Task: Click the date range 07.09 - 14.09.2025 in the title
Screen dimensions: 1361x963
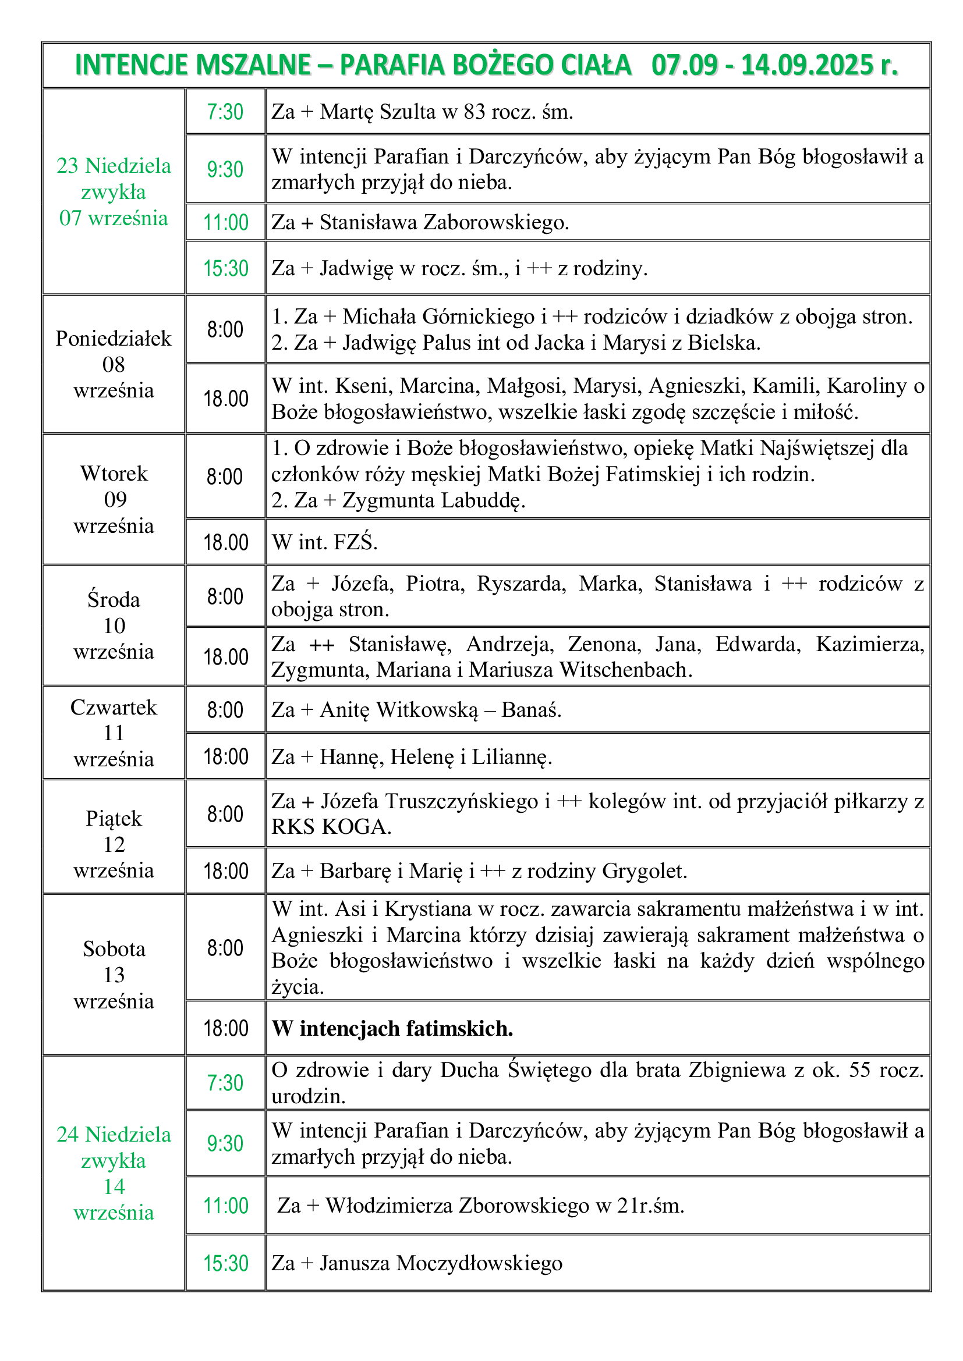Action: point(774,65)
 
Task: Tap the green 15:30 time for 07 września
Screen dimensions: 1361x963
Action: point(225,268)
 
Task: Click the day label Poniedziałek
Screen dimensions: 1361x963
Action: point(114,339)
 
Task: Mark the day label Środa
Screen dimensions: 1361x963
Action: point(114,599)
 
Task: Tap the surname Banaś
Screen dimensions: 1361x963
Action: point(532,709)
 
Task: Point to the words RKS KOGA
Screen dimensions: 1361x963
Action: point(331,826)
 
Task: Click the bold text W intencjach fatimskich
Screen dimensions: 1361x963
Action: point(392,1028)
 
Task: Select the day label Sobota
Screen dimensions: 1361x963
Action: point(114,948)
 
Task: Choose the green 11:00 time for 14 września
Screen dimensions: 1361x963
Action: point(225,1206)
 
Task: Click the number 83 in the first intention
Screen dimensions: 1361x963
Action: point(475,112)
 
